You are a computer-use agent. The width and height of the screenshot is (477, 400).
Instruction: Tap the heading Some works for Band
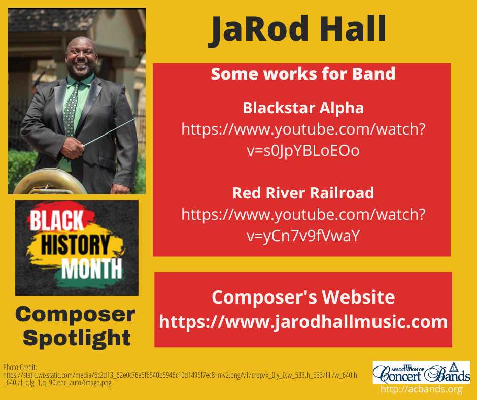coord(303,74)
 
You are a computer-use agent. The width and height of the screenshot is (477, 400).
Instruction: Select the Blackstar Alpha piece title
coord(303,108)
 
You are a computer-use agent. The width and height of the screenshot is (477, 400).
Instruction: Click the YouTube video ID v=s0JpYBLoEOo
coord(303,151)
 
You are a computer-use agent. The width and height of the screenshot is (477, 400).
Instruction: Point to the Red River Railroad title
coord(303,193)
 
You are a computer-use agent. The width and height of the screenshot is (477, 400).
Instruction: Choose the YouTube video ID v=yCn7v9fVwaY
coord(303,236)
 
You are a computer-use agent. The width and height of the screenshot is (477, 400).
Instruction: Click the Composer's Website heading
coord(303,297)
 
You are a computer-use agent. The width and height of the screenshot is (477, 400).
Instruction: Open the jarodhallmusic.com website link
coord(303,322)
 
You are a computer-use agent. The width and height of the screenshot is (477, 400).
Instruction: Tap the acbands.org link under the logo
coord(421,389)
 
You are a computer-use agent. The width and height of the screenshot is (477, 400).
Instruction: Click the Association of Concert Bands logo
coord(421,372)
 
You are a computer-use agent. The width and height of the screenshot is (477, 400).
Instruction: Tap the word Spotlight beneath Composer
coord(76,337)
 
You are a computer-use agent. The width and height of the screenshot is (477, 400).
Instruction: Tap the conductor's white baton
coord(112,131)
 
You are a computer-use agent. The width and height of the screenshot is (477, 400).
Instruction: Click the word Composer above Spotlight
coord(76,315)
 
